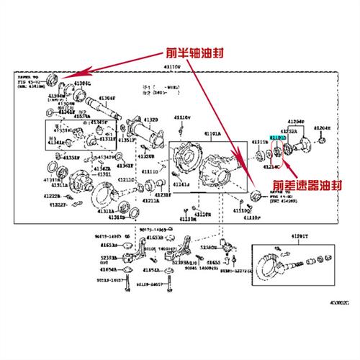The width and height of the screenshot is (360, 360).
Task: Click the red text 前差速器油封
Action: pos(296,184)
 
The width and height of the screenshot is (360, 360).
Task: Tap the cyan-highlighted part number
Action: pos(277,136)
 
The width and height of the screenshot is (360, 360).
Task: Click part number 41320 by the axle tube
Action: pos(150,120)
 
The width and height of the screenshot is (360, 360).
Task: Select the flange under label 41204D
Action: pos(301,143)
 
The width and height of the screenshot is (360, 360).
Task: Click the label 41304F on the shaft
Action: pos(106,98)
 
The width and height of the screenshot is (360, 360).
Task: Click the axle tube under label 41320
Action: pos(148,136)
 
